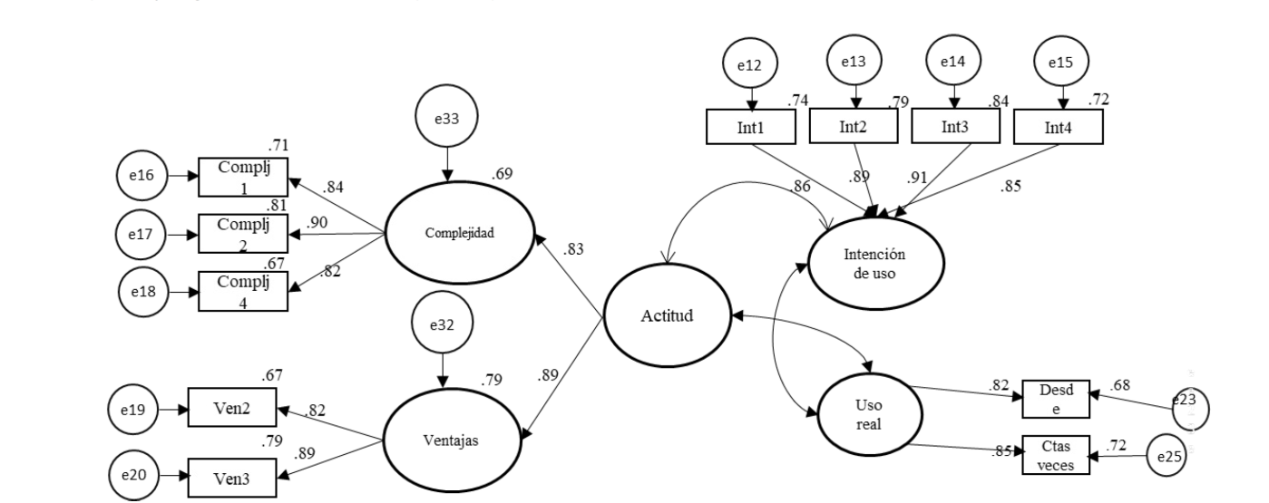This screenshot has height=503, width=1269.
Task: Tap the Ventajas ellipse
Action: click(450, 442)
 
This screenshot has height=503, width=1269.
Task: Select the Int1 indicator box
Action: click(750, 127)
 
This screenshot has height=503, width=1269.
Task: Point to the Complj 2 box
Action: click(242, 233)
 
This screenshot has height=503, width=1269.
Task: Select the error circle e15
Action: click(1062, 64)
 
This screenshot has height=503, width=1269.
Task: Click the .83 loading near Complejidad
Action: click(572, 250)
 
